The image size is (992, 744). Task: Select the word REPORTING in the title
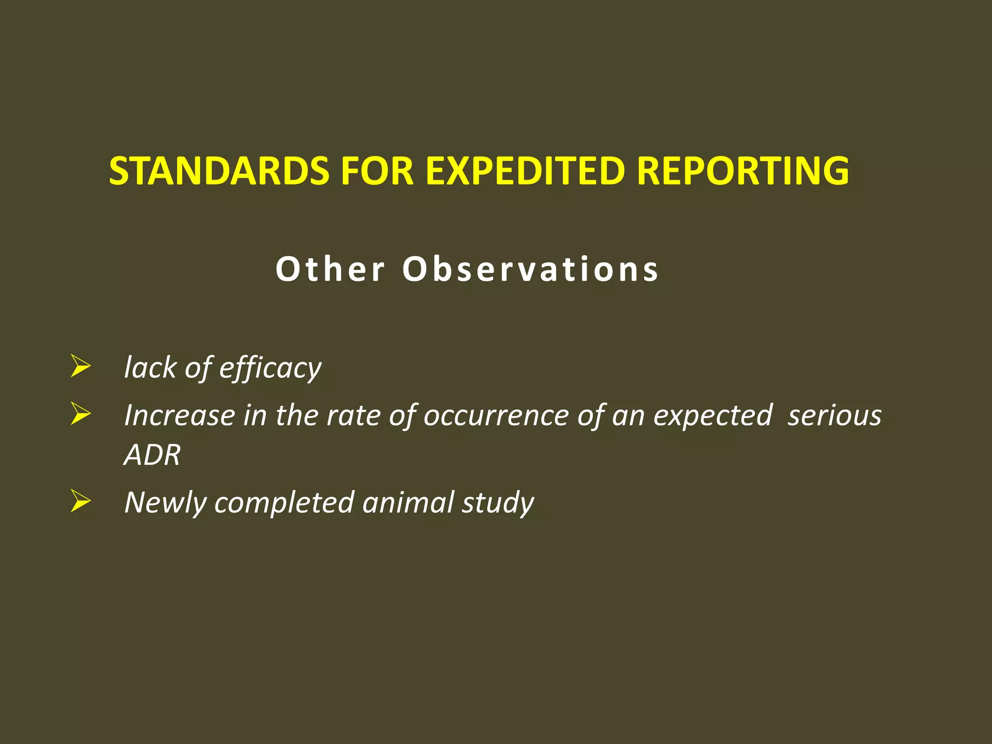tap(743, 171)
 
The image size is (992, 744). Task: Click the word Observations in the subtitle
tap(530, 269)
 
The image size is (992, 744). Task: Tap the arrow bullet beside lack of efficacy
tap(80, 367)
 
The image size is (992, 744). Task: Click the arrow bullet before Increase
tap(80, 415)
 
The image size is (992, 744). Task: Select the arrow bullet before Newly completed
tap(80, 501)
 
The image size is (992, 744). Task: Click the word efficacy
tap(270, 368)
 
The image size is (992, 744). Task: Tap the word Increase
tap(179, 416)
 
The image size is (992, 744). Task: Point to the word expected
tap(713, 416)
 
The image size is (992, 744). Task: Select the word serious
tap(834, 416)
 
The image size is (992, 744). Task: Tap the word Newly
tap(165, 503)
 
